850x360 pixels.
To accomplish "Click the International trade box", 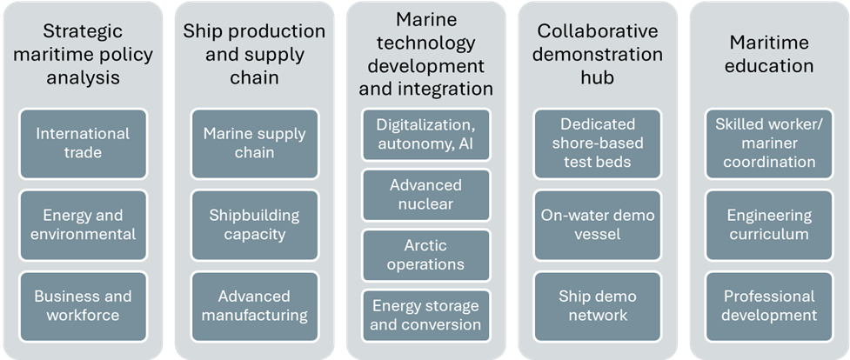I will [83, 143].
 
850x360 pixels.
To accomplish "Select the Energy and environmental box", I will [83, 224].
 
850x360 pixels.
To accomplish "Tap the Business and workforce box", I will [83, 305].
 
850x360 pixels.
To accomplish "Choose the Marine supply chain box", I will [254, 143].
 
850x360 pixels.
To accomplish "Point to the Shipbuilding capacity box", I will [254, 224].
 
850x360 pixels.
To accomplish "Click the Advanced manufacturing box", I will [254, 305].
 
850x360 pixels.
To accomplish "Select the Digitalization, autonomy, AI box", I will [426, 134].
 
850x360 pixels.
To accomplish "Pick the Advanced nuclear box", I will [426, 195].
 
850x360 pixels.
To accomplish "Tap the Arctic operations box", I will [426, 255].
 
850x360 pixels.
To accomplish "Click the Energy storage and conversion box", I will [426, 315].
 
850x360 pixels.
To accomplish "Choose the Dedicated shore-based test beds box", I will [598, 143].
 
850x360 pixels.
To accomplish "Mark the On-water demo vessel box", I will [598, 224].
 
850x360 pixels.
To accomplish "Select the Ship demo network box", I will [598, 305].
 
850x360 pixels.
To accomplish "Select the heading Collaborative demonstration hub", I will [598, 54].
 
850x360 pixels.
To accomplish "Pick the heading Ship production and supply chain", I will [254, 54].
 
